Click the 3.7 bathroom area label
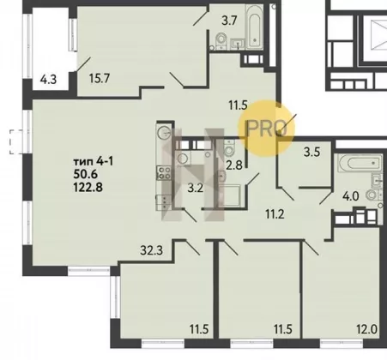click(x=229, y=21)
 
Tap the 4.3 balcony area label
click(x=48, y=79)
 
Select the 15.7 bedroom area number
click(x=100, y=78)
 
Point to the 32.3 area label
click(x=151, y=250)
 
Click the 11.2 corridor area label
click(x=275, y=213)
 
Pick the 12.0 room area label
click(x=367, y=329)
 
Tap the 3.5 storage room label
click(x=311, y=152)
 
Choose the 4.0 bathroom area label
click(x=351, y=196)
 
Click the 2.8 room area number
click(x=234, y=165)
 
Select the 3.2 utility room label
click(x=196, y=188)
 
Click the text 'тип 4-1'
click(x=94, y=162)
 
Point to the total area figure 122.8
click(x=88, y=188)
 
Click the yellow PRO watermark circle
click(x=267, y=128)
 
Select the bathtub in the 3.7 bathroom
click(x=255, y=27)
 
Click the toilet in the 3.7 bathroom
click(x=221, y=40)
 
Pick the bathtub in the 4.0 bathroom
click(x=360, y=163)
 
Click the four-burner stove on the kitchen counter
click(x=164, y=173)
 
